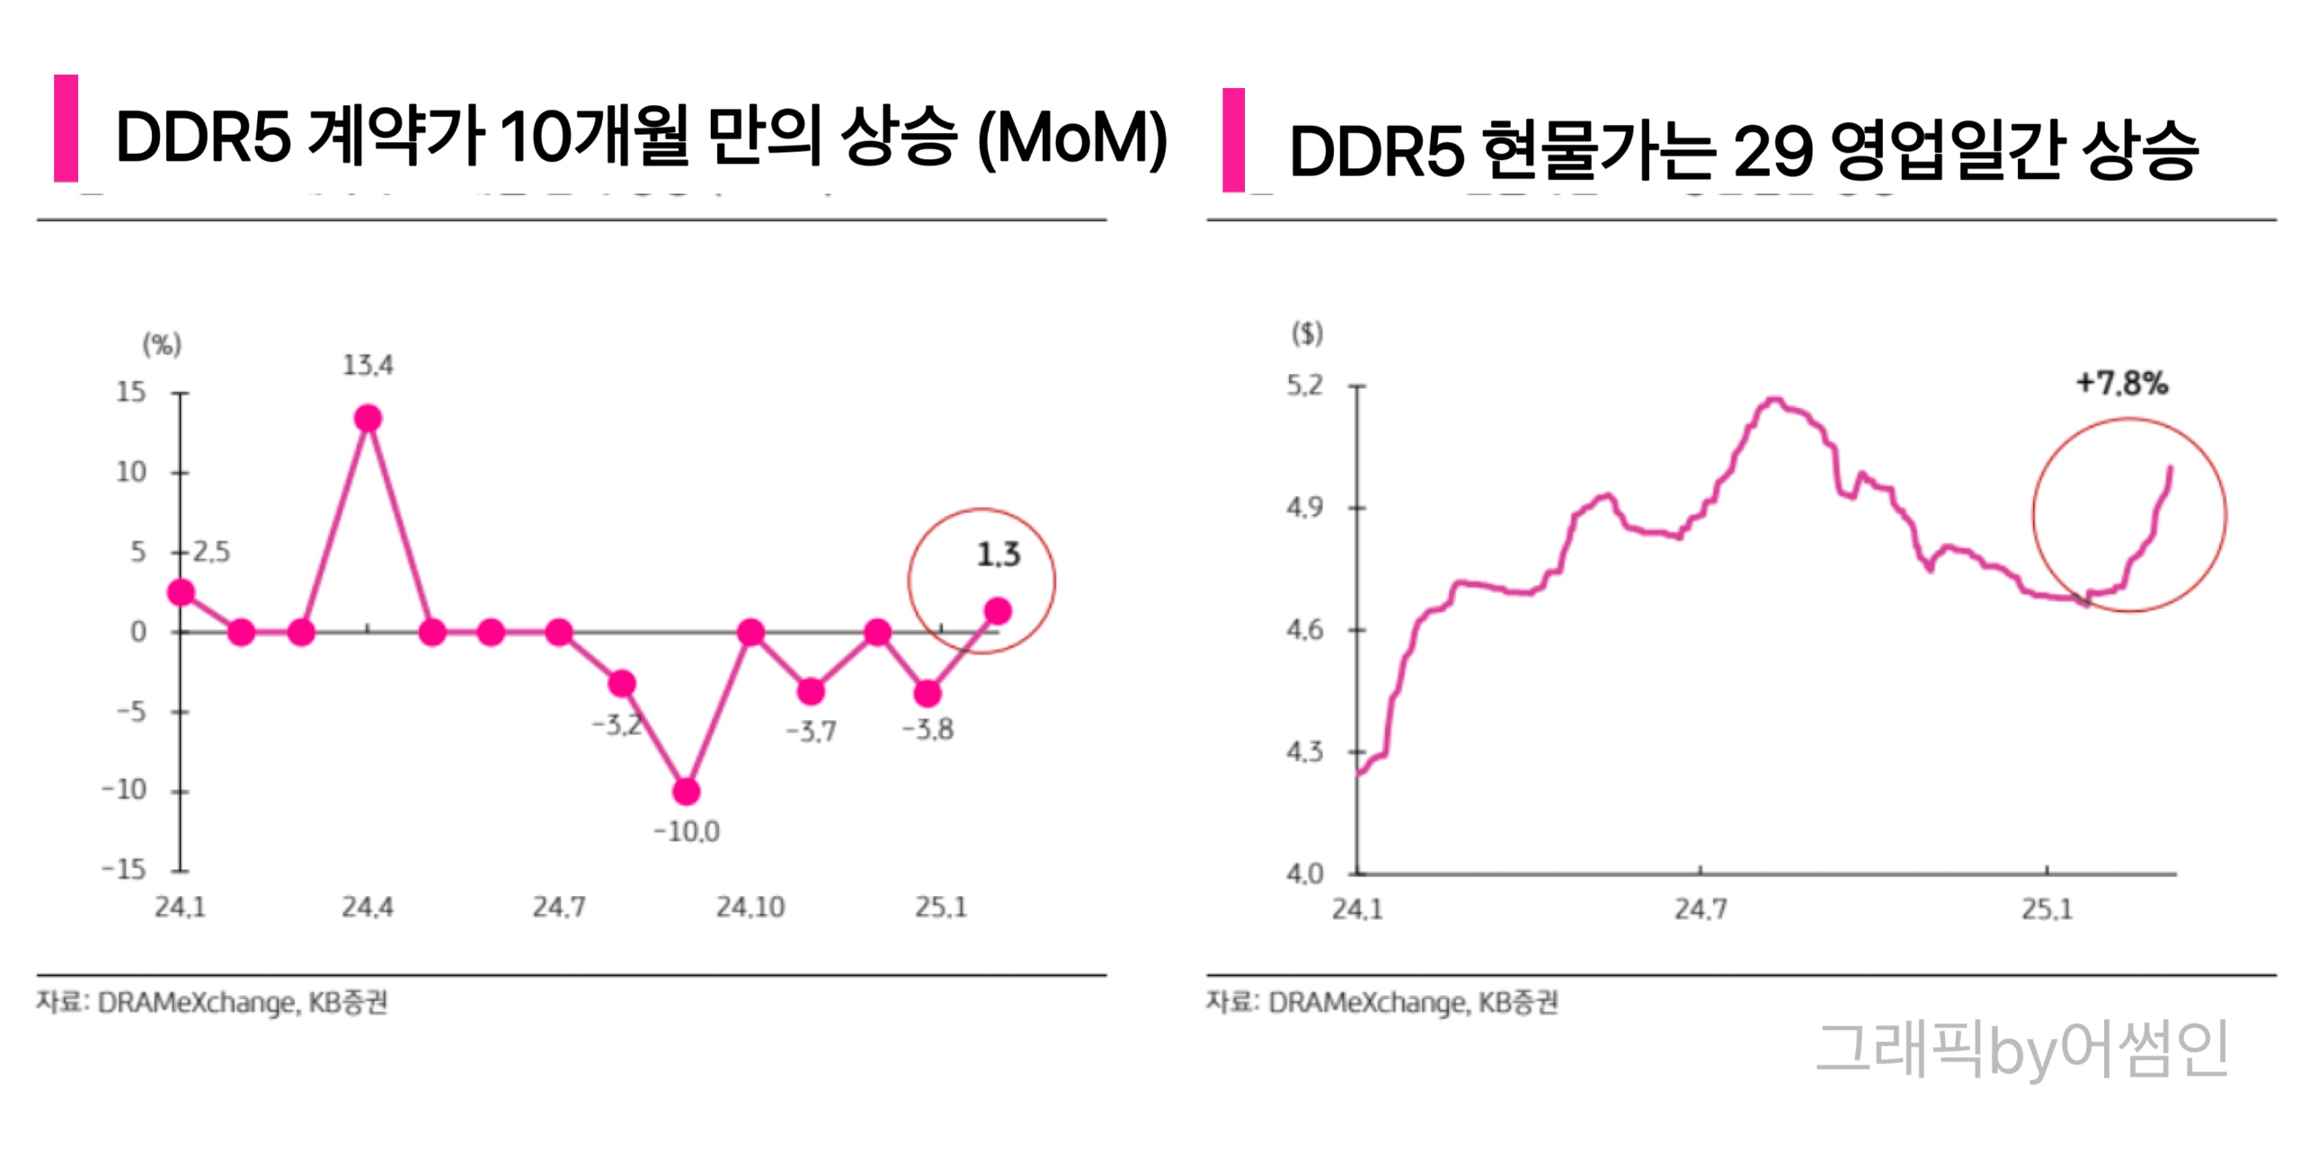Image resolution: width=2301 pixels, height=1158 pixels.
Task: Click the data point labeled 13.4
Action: pos(368,418)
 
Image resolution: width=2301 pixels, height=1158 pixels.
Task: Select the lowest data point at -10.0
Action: pos(686,791)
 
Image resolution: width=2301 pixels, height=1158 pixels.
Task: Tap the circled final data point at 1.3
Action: pos(998,611)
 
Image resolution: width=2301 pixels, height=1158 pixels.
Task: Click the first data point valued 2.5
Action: pos(181,592)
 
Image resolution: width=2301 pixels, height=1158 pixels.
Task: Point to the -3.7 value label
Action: pos(811,731)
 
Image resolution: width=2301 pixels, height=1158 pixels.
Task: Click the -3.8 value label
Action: pos(928,729)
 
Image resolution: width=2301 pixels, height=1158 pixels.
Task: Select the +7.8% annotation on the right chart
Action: pos(2121,384)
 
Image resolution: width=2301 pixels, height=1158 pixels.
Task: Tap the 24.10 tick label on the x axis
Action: pos(750,907)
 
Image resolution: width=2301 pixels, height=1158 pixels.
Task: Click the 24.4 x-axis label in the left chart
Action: pos(367,907)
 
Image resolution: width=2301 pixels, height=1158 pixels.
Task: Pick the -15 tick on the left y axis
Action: pos(124,869)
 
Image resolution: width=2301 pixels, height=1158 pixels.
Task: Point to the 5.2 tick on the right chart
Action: pos(1304,386)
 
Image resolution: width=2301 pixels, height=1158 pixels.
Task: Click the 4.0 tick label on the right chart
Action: pos(1304,873)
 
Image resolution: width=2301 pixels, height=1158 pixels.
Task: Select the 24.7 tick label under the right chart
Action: pos(1700,909)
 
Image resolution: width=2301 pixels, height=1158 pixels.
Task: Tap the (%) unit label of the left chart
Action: pos(162,344)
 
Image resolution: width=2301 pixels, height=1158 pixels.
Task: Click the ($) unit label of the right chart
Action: pos(1307,334)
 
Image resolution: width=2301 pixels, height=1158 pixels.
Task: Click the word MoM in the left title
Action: pos(1071,138)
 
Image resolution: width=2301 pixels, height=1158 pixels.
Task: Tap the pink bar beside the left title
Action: pos(66,129)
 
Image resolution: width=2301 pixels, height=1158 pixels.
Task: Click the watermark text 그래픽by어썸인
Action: pos(2021,1048)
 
